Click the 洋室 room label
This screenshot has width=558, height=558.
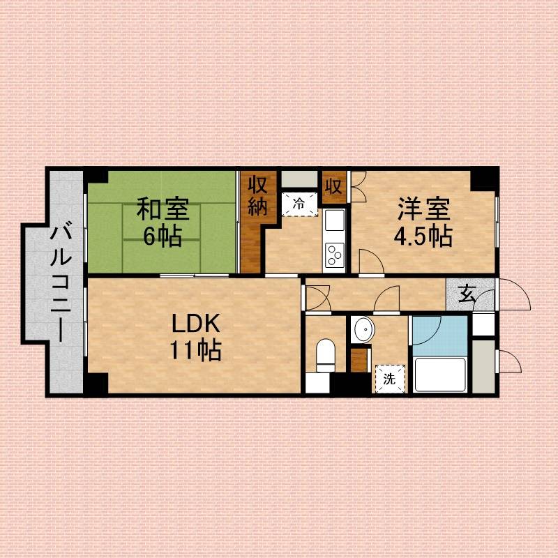[x=424, y=208]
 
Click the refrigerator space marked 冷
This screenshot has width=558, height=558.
[x=299, y=204]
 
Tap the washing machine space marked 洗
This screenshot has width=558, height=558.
[x=388, y=379]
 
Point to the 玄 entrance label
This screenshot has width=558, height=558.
[x=466, y=295]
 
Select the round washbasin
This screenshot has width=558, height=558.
[x=362, y=329]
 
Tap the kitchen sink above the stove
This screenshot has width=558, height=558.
[x=334, y=223]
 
